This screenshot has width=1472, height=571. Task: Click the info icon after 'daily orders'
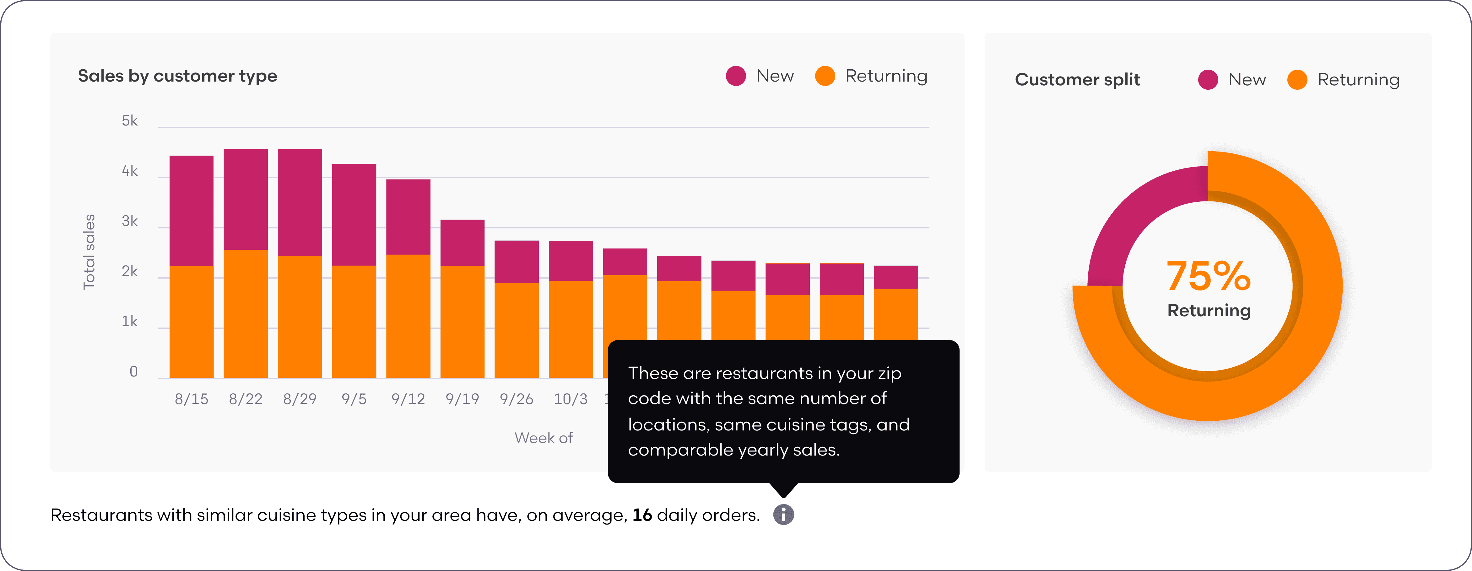(783, 515)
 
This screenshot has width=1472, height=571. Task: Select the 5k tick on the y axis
(130, 120)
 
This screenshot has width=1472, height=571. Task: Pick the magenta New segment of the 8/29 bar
(300, 203)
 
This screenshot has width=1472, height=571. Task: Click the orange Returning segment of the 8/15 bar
(192, 322)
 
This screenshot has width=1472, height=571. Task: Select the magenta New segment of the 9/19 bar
(462, 243)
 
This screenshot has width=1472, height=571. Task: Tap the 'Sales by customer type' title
(177, 76)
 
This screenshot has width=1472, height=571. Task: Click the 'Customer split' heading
(1077, 79)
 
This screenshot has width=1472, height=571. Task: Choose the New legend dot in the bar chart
(735, 76)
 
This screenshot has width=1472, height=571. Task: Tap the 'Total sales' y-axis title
(89, 252)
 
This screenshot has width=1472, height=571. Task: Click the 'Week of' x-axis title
(544, 438)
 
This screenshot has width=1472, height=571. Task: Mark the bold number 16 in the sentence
(642, 515)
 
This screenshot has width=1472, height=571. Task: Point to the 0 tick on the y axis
(133, 372)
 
